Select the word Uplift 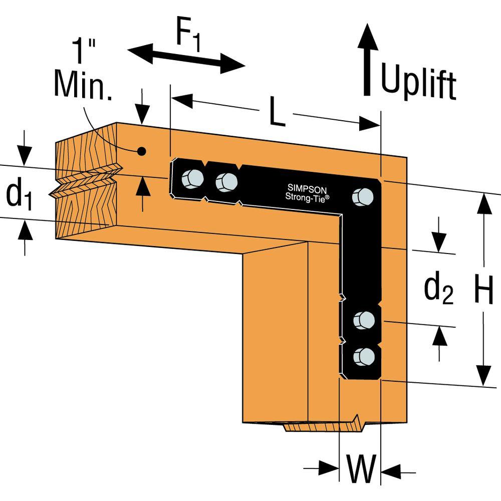pyautogui.click(x=418, y=83)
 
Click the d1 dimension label pyautogui.click(x=18, y=195)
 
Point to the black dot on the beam pyautogui.click(x=142, y=150)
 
